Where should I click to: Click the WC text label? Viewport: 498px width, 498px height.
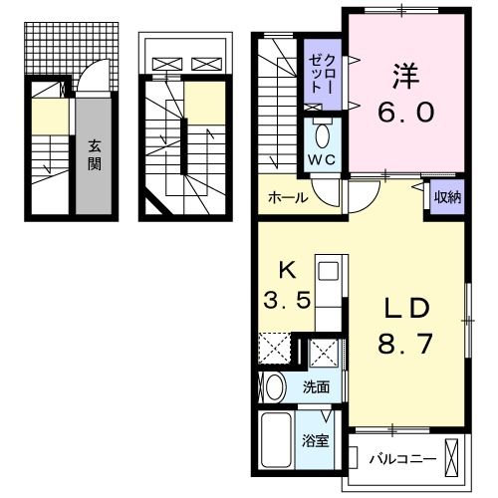tap(320, 159)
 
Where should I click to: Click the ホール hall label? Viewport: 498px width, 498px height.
tap(287, 197)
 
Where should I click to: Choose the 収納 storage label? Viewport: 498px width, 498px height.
tap(444, 195)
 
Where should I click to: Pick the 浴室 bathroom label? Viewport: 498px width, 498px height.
tap(317, 441)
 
